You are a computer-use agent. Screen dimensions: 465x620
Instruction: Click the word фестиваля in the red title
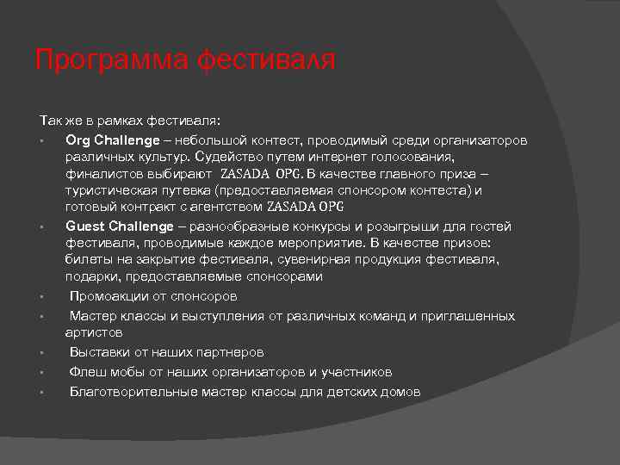[267, 61]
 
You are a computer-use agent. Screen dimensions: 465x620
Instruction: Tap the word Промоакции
[108, 296]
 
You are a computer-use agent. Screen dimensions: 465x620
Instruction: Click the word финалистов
[99, 174]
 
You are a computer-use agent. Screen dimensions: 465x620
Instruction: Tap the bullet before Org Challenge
[41, 141]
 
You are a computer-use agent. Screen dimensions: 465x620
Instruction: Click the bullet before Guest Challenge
[41, 227]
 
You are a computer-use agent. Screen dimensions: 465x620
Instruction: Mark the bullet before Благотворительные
[41, 393]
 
